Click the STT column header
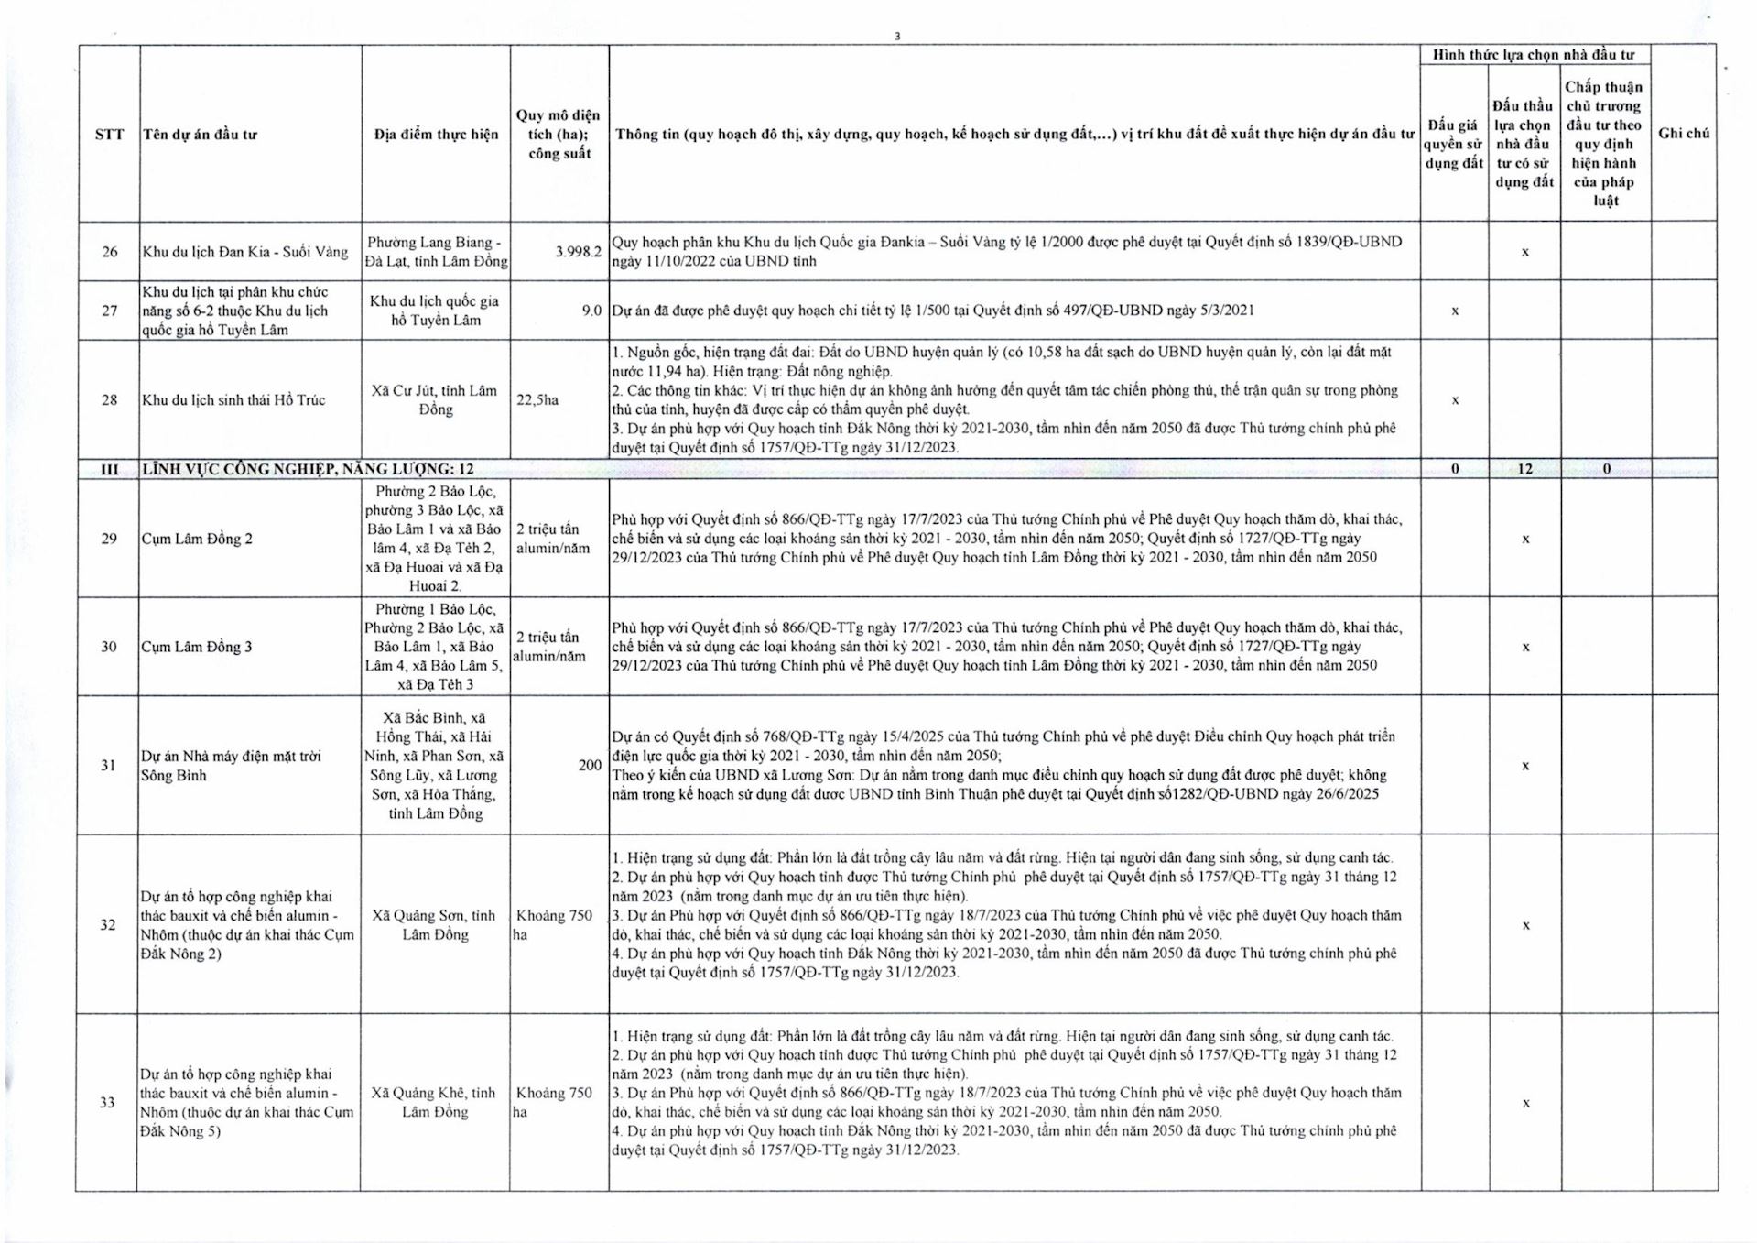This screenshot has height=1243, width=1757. tap(109, 135)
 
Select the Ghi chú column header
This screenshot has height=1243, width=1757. tap(1683, 134)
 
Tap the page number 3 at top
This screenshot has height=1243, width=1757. tap(897, 37)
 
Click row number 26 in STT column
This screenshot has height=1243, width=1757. tap(109, 252)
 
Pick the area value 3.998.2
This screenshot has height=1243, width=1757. tap(578, 252)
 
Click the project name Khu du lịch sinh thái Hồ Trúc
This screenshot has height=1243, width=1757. tap(233, 400)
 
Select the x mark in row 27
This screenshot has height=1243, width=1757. tap(1455, 311)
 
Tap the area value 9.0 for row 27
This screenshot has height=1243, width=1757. tap(591, 311)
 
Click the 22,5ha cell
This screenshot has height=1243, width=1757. tap(537, 400)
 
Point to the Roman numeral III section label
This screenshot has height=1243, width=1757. tap(109, 469)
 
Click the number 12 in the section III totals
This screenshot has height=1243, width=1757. tap(1524, 469)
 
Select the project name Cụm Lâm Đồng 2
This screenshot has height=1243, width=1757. tap(197, 539)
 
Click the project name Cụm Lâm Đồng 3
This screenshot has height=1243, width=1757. tap(197, 647)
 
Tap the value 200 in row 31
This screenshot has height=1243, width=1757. tap(590, 765)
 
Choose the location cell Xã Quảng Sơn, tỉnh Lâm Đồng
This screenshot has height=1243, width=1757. tap(435, 925)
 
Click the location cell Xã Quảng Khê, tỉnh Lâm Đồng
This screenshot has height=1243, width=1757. tap(435, 1103)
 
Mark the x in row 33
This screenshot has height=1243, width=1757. tap(1525, 1104)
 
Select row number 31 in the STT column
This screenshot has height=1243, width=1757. tap(108, 766)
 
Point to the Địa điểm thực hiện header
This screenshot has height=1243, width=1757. tap(436, 135)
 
